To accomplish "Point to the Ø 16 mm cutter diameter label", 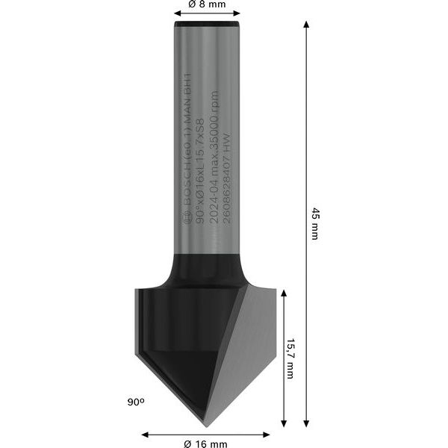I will (x=206, y=443).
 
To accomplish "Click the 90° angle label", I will (x=135, y=402).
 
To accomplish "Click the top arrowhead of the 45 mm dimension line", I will (x=306, y=25).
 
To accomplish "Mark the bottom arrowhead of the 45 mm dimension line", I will (x=306, y=427).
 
